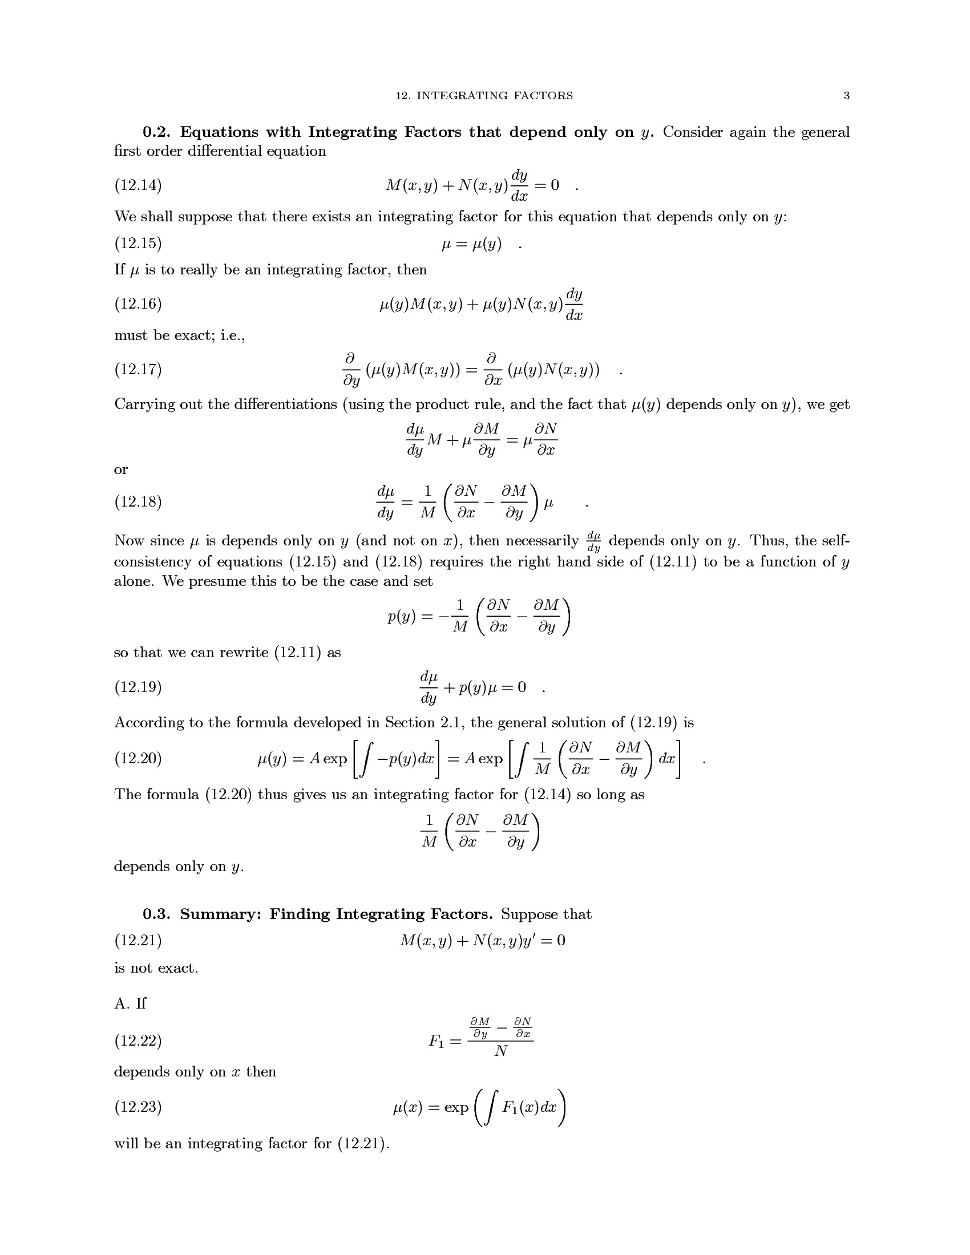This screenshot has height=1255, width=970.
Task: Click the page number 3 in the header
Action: [846, 96]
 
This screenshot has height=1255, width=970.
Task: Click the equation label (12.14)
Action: [138, 185]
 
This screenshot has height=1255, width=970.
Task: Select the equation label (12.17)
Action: [138, 369]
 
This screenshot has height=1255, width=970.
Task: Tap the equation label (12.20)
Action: [138, 759]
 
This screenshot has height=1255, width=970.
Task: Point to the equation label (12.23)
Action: [138, 1107]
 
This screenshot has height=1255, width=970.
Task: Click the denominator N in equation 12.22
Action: [500, 1051]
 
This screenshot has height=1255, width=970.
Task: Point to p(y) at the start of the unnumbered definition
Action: [401, 617]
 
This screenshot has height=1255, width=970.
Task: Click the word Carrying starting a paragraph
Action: [144, 404]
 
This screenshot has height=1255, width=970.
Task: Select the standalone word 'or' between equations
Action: [120, 470]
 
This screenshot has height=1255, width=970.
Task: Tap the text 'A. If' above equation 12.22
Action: [130, 1003]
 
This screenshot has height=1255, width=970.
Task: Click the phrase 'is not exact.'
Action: [156, 968]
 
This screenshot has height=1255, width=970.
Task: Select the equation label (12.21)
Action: [138, 941]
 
